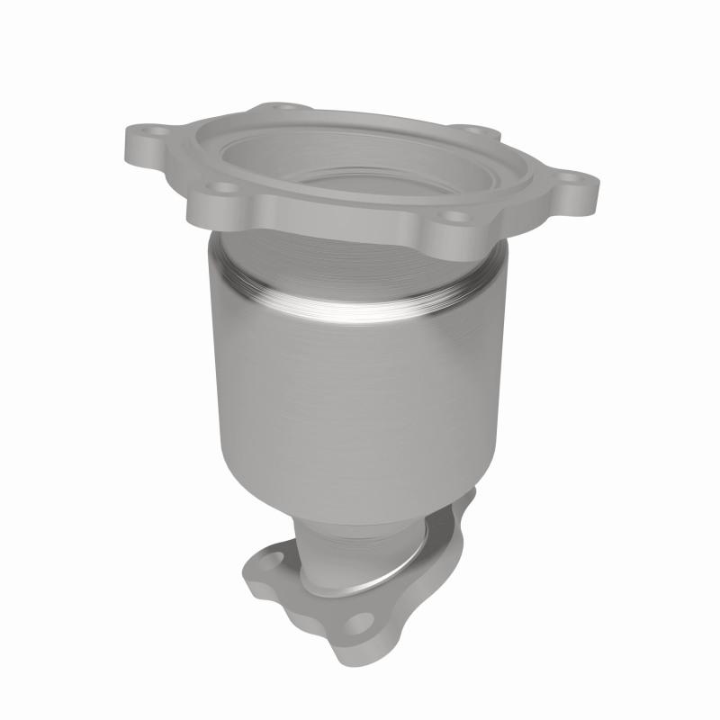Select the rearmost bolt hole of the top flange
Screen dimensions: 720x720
[x=285, y=110]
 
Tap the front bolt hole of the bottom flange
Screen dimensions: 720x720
[x=358, y=625]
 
